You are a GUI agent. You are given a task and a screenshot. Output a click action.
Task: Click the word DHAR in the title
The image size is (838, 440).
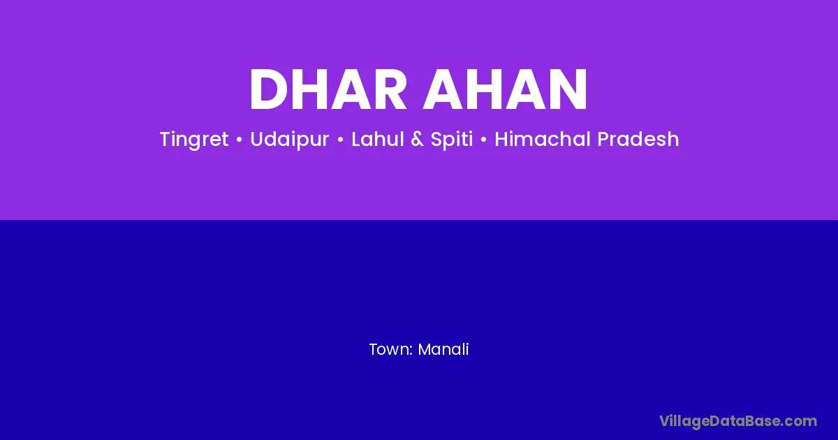[x=328, y=89]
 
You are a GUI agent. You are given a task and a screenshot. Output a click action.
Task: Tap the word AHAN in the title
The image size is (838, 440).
[x=505, y=89]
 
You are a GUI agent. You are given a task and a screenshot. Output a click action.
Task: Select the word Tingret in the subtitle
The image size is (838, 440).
[x=194, y=140]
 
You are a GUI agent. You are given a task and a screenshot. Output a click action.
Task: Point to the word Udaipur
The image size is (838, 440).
[x=290, y=140]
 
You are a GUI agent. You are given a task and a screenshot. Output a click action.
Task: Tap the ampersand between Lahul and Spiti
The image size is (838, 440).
[x=417, y=139]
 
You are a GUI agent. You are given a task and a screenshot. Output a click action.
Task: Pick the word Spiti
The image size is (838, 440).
[x=452, y=140]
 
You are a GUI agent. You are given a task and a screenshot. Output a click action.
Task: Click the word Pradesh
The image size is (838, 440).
[x=638, y=139]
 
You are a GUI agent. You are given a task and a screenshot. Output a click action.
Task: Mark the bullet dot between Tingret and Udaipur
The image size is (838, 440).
[x=240, y=140]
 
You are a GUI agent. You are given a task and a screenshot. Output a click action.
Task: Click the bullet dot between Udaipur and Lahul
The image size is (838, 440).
[x=341, y=140]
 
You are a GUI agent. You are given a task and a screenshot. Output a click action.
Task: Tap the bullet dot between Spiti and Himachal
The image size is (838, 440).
[x=484, y=140]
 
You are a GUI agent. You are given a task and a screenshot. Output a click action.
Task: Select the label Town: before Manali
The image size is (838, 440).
[x=391, y=349]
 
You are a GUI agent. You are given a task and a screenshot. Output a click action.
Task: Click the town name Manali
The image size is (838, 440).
[x=443, y=349]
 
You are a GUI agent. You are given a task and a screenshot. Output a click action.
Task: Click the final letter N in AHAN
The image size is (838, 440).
[x=568, y=89]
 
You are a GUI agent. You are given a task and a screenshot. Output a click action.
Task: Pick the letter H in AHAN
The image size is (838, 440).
[x=483, y=89]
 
